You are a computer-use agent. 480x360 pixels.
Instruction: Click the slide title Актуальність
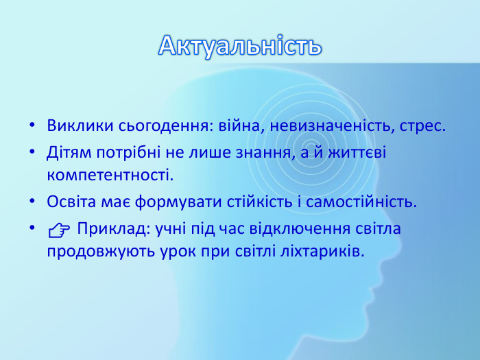(240, 45)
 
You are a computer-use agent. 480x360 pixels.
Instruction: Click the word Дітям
(67, 152)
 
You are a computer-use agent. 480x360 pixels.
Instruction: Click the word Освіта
(69, 202)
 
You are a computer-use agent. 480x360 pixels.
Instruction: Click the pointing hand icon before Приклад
(60, 230)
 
